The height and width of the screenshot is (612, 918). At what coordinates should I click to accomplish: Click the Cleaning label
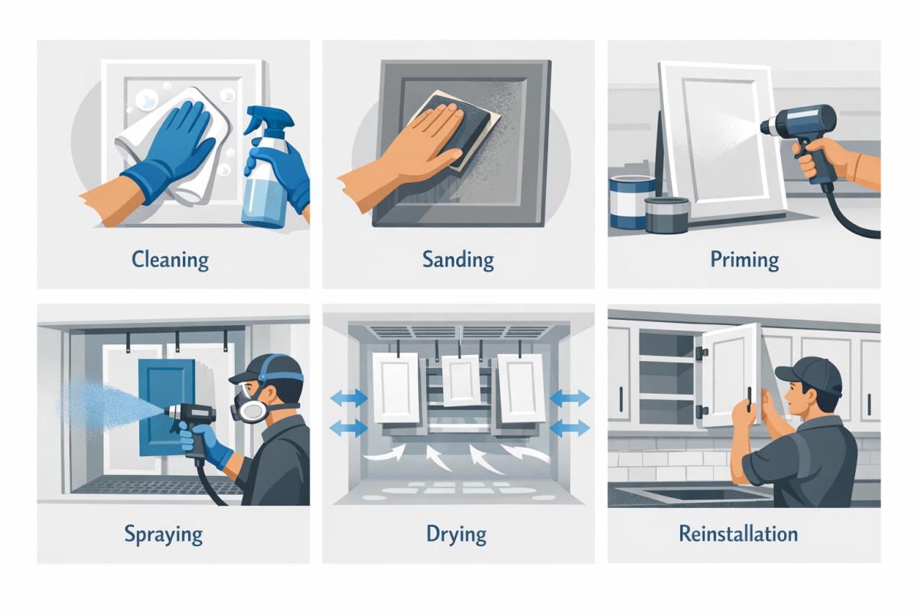pos(170,259)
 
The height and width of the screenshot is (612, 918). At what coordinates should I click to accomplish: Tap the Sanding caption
pos(457,259)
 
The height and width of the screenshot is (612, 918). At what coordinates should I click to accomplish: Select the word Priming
pos(744,259)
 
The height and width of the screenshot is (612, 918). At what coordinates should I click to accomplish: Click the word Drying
pos(457,534)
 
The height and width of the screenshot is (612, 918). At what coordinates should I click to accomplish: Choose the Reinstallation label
pos(738,533)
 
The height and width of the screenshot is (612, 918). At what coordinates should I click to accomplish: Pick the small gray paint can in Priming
pos(667,213)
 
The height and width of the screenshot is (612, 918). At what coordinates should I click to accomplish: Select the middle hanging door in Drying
pos(461,380)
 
